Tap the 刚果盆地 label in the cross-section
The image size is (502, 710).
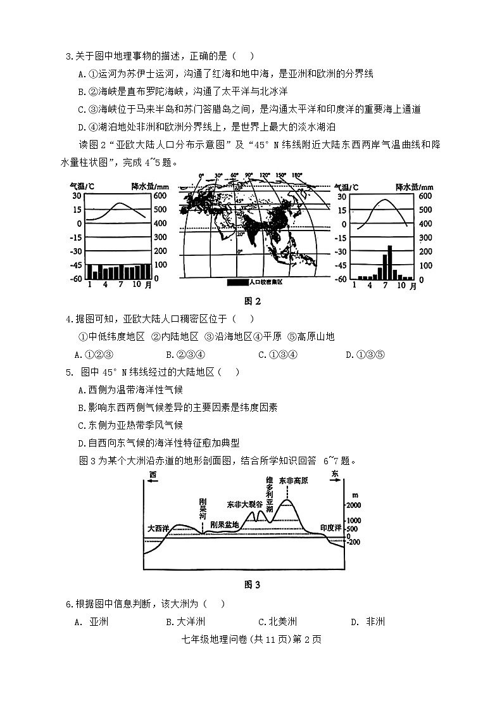225,524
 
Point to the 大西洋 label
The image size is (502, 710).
158,528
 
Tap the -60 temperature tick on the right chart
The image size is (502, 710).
340,279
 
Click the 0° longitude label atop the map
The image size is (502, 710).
201,175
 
